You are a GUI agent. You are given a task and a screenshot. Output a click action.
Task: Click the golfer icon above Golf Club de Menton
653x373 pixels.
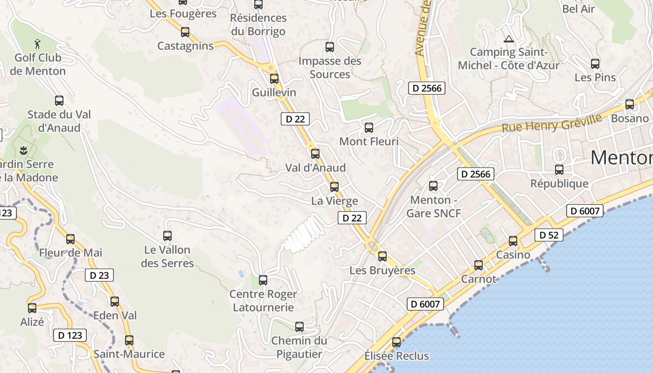click(x=38, y=44)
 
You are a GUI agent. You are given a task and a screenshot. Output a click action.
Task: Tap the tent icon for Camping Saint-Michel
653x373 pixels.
click(x=508, y=39)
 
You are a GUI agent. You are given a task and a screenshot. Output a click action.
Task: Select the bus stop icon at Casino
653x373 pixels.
click(x=513, y=241)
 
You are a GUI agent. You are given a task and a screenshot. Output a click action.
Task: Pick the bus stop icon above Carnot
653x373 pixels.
click(x=479, y=265)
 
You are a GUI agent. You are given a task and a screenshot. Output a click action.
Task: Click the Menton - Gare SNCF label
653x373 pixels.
click(x=433, y=207)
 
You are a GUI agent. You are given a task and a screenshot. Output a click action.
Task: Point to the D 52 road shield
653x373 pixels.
click(x=549, y=235)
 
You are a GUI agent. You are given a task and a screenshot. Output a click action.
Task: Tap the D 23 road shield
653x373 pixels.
click(x=99, y=275)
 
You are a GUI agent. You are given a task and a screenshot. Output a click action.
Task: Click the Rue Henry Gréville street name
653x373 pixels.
click(x=552, y=123)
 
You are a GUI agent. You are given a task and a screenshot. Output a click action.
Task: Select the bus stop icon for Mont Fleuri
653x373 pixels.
click(x=369, y=127)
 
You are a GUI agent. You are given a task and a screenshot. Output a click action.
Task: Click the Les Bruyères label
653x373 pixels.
click(x=382, y=270)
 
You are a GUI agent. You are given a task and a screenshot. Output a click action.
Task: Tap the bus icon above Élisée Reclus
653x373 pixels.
click(x=396, y=342)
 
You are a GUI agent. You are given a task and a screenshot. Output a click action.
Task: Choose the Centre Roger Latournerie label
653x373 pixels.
click(x=263, y=301)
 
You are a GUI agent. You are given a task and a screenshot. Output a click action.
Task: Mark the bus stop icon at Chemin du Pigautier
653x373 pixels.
click(x=299, y=327)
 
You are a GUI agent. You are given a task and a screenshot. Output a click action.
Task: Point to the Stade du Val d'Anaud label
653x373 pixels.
click(x=59, y=121)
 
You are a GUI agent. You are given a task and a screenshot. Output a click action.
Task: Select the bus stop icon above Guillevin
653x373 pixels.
click(x=274, y=78)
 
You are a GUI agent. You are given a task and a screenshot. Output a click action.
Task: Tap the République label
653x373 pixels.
click(x=559, y=183)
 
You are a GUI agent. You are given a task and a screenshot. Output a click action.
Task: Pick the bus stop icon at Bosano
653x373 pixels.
click(x=630, y=104)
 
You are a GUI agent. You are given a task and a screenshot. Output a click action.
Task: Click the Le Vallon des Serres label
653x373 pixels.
click(x=167, y=256)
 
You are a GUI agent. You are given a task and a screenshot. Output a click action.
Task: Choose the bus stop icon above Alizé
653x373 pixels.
click(x=32, y=308)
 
